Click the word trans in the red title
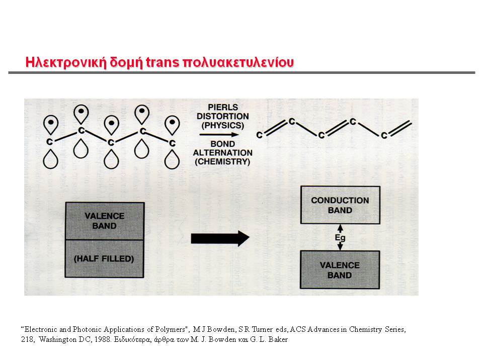click(x=163, y=62)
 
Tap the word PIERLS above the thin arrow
click(x=223, y=108)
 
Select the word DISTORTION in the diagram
click(x=223, y=116)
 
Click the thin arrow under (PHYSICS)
click(x=219, y=135)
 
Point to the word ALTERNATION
click(x=223, y=153)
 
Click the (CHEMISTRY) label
click(x=222, y=161)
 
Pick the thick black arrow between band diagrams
click(x=220, y=238)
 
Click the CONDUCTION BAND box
click(x=340, y=205)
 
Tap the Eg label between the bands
click(x=340, y=238)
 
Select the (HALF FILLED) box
click(x=105, y=258)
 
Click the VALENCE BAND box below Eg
click(x=340, y=270)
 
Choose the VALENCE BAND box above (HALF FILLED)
click(x=105, y=221)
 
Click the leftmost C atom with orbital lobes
click(x=49, y=142)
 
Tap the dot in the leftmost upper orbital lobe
click(x=51, y=122)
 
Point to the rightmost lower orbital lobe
click(x=172, y=159)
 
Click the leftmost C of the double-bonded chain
click(x=260, y=135)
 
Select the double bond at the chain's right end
click(x=400, y=128)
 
